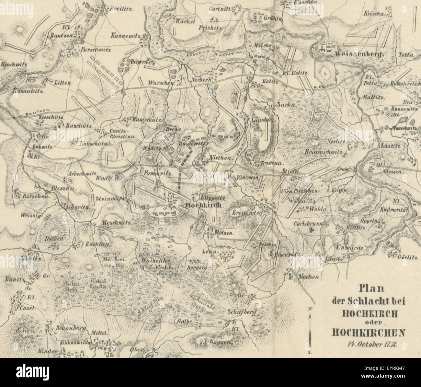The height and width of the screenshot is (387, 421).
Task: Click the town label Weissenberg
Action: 359,54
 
